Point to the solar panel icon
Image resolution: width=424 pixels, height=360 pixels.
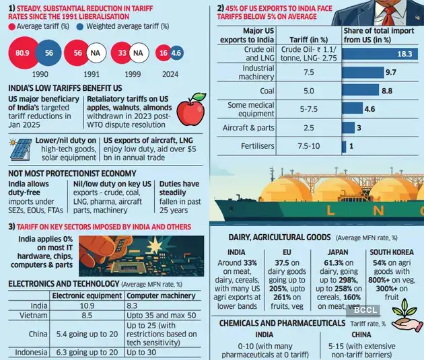click(22, 149)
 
